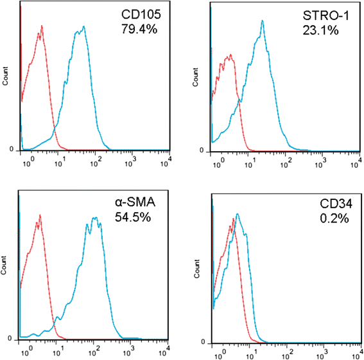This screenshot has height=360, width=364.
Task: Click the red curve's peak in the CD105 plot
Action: coord(42,26)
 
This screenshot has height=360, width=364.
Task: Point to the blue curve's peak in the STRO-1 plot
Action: coord(263,21)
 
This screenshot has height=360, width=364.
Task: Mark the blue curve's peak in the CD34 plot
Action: coord(237,214)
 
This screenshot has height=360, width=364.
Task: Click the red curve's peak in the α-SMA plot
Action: coord(40,215)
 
